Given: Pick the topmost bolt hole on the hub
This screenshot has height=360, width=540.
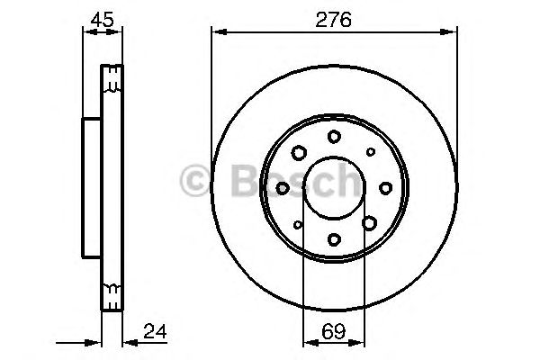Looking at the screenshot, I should click(334, 136).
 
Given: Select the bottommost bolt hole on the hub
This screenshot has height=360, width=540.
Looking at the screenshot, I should click(334, 238).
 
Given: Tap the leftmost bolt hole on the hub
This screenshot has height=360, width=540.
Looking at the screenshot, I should click(283, 187).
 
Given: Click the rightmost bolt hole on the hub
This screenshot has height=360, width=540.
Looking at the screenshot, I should click(385, 187).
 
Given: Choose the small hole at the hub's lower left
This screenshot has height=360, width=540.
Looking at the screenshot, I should click(298, 224).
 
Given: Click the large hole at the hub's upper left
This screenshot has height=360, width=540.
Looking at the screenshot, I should click(298, 151).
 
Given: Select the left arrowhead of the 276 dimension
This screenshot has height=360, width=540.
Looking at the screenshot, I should click(217, 31).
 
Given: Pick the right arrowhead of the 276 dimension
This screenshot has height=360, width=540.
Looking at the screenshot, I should click(451, 31).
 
